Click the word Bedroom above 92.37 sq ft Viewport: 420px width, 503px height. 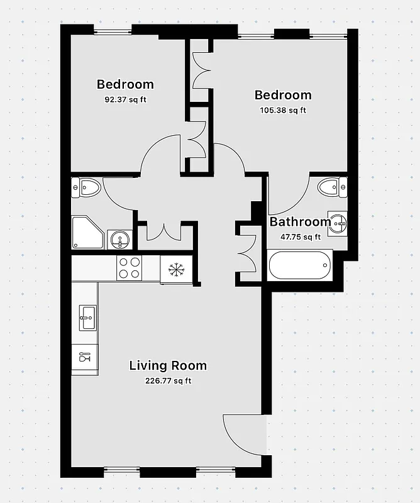click(x=125, y=84)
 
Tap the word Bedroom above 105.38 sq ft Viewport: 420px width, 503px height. click(x=282, y=95)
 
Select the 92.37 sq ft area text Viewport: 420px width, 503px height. click(x=125, y=99)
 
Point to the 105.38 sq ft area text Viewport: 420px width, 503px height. click(x=282, y=111)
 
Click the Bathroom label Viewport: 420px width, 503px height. click(x=300, y=221)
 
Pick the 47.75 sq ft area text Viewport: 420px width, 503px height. click(x=300, y=237)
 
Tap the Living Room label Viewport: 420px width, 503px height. click(x=168, y=365)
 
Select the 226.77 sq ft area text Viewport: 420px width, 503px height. click(x=168, y=380)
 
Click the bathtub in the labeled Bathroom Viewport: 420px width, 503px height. click(x=300, y=265)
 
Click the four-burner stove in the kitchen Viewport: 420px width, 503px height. click(x=130, y=268)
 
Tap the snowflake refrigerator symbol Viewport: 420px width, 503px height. click(x=175, y=269)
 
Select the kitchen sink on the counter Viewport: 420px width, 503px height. click(x=87, y=318)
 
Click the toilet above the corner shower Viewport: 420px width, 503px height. click(x=87, y=187)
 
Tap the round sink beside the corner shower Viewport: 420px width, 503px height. click(x=119, y=238)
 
